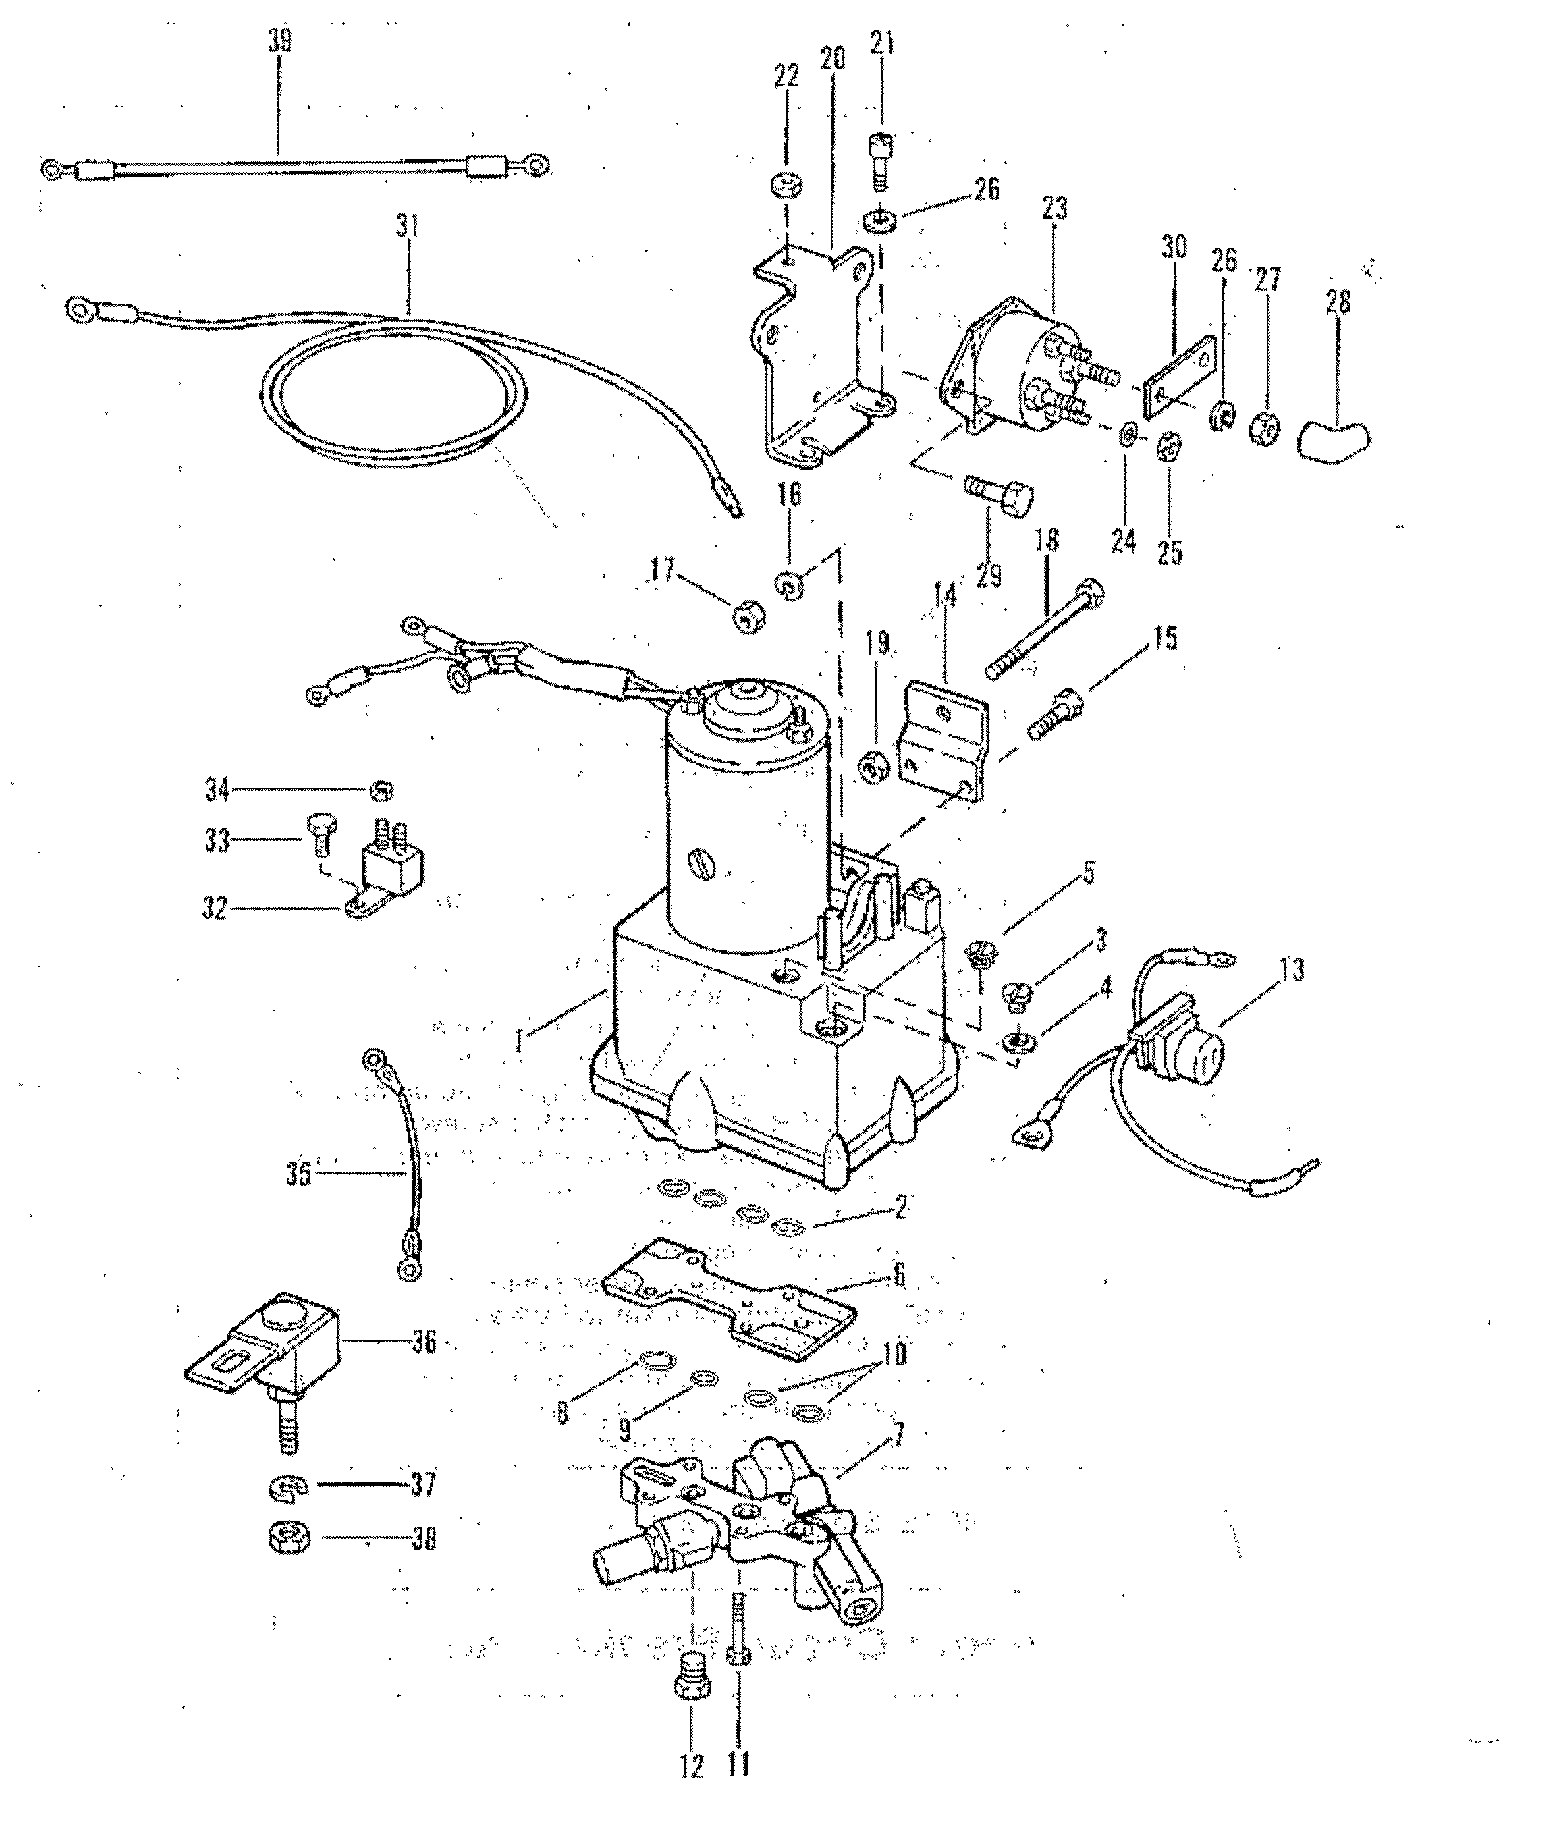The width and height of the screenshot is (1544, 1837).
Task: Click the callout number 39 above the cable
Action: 280,41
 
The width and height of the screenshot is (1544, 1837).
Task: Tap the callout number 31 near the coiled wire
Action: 406,227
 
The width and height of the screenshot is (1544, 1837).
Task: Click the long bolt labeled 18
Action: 1044,629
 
